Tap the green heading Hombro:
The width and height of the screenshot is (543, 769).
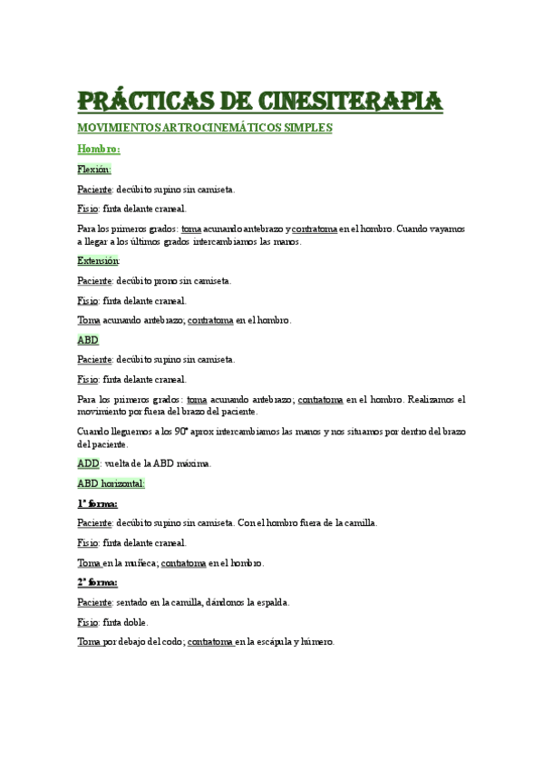coord(98,149)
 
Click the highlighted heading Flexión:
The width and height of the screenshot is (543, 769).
coord(94,170)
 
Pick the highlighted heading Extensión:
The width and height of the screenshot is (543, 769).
coord(99,260)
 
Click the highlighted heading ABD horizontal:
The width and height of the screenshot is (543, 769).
coord(111,483)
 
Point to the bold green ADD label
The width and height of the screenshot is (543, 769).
coord(89,463)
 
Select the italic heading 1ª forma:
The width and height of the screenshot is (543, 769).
coord(97,503)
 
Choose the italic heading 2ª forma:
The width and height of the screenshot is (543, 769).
coord(97,582)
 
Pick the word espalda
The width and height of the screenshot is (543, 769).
coord(271,602)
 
